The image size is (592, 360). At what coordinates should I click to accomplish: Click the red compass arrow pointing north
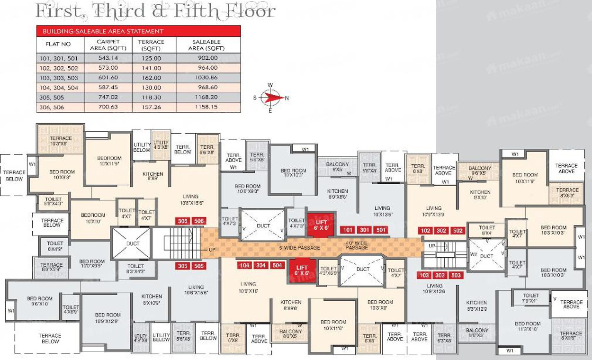click(x=273, y=98)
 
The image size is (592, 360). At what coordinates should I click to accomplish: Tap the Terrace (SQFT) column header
click(x=151, y=45)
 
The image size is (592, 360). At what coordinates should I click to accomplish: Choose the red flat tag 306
click(x=182, y=221)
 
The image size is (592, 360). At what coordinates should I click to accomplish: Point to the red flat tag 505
click(x=198, y=266)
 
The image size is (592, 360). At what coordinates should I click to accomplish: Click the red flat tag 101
click(x=348, y=230)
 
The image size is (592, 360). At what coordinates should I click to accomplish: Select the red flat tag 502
click(x=457, y=231)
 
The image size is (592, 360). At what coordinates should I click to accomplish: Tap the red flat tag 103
click(x=424, y=276)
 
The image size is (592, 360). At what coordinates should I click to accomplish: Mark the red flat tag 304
click(x=260, y=265)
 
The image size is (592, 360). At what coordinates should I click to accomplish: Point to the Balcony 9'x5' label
click(x=338, y=167)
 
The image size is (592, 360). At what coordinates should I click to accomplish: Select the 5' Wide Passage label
click(x=300, y=248)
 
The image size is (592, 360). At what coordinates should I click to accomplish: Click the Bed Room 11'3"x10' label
click(x=527, y=327)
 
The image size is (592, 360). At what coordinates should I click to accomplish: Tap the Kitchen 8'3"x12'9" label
click(x=476, y=306)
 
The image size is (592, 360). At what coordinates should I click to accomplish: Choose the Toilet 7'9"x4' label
click(x=531, y=298)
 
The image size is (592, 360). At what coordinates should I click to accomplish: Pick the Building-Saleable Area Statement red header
click(x=103, y=31)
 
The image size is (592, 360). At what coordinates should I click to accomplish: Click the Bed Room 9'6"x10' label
click(x=39, y=301)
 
